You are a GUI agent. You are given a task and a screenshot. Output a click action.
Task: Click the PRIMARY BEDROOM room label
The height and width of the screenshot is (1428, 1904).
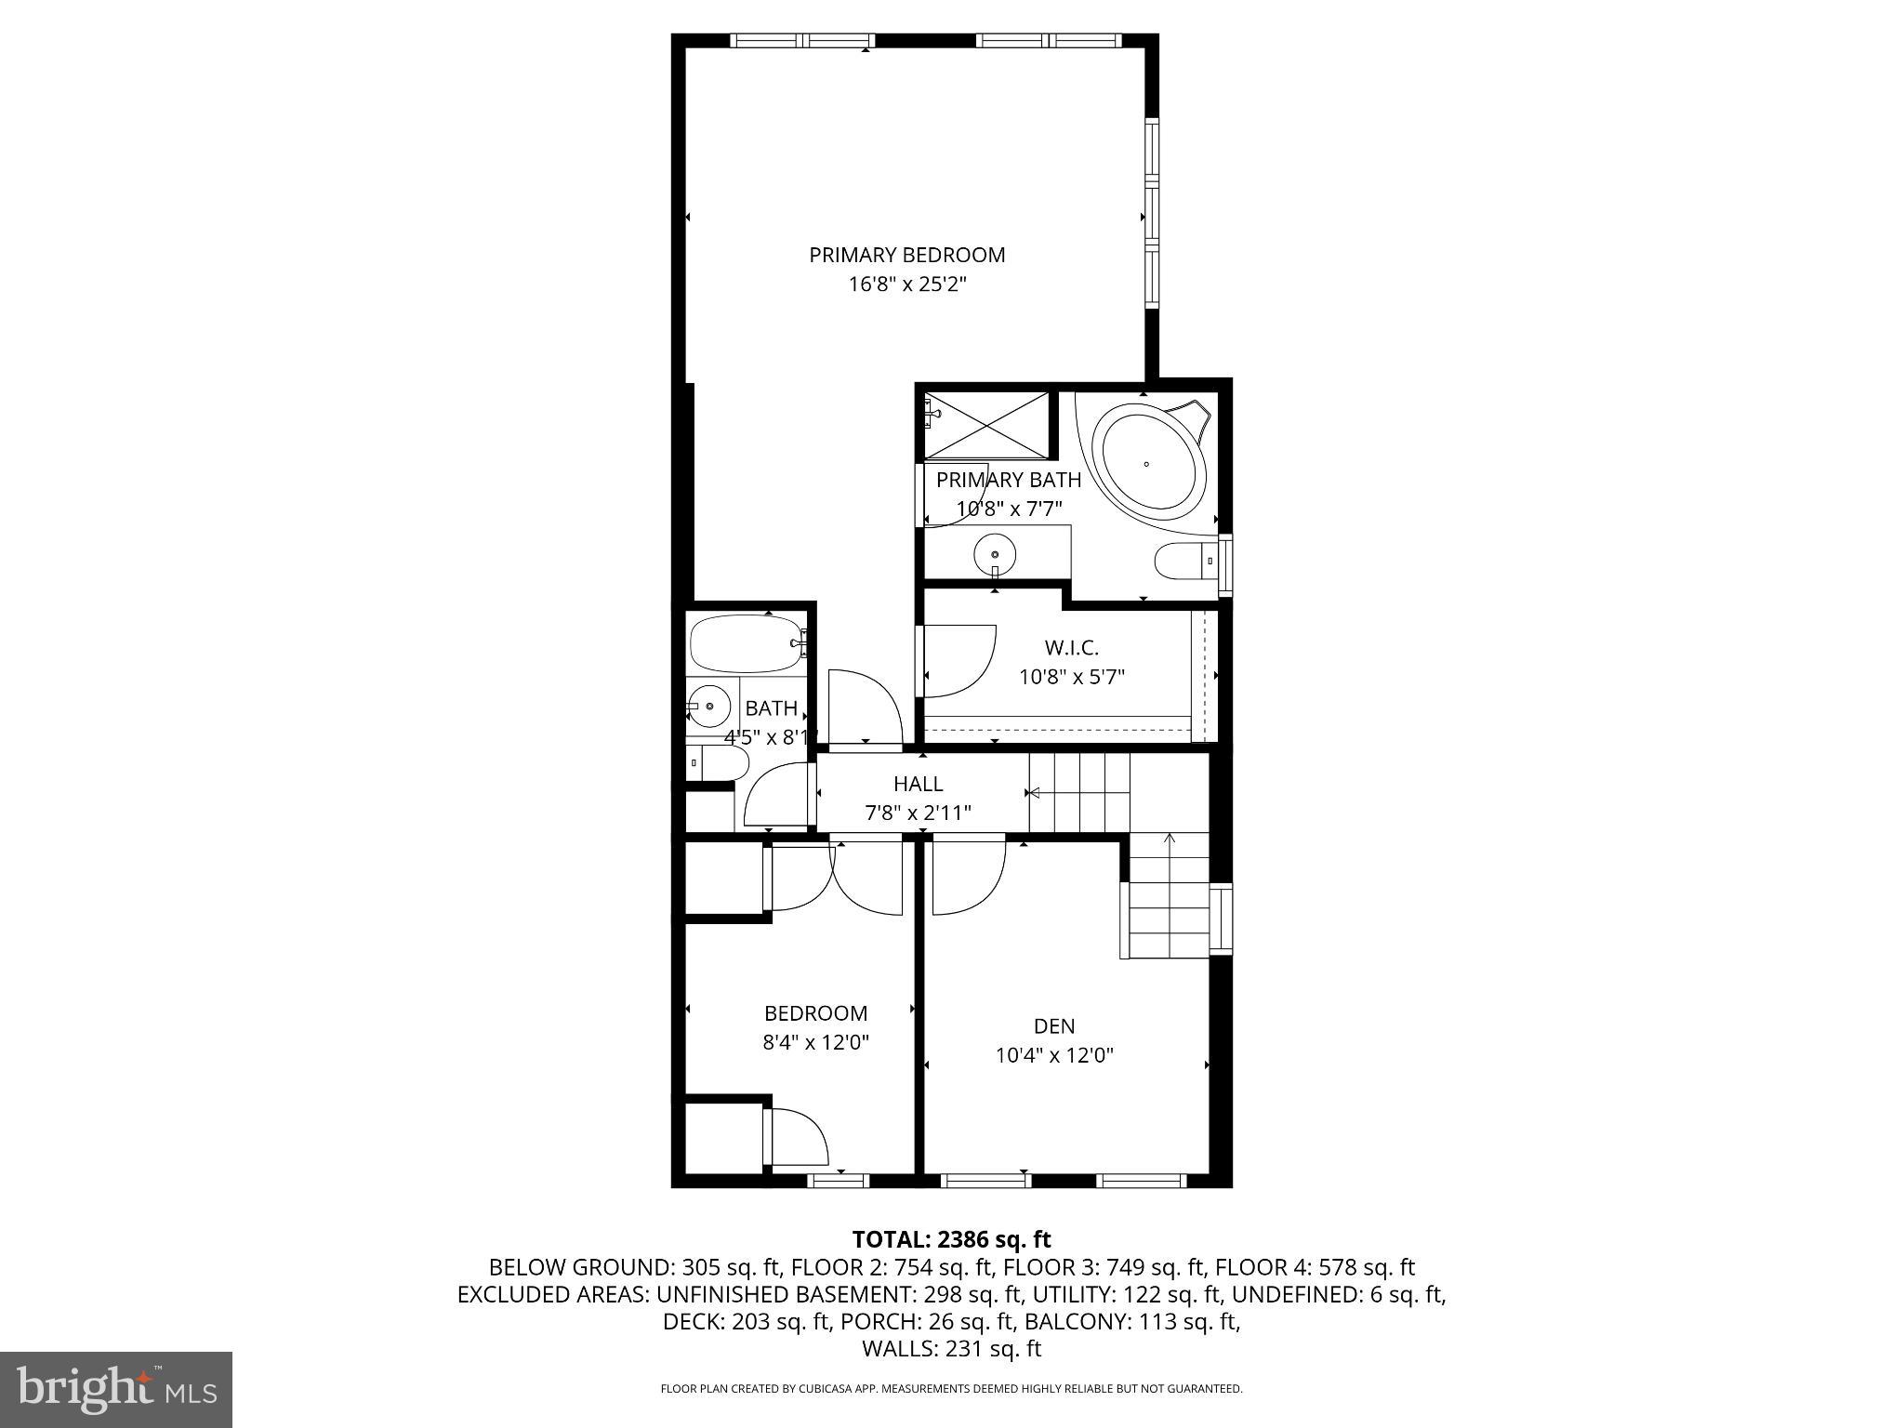[906, 255]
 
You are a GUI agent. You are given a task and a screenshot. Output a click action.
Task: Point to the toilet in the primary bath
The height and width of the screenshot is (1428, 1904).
[1183, 561]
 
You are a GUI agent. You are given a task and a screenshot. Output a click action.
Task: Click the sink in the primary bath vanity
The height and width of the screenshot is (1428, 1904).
[994, 555]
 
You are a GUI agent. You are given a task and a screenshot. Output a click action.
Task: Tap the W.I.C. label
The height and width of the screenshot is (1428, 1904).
[1071, 648]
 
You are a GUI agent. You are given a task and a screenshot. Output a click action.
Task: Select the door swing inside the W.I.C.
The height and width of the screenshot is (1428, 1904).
[958, 662]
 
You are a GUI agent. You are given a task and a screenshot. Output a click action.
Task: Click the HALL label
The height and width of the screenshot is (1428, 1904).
[918, 784]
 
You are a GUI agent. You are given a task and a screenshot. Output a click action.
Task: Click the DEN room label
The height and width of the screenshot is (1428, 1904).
[1053, 1026]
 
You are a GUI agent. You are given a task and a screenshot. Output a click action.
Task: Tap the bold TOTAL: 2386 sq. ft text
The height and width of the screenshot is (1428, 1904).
[951, 1239]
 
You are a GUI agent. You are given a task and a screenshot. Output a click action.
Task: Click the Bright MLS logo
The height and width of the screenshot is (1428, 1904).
[116, 1389]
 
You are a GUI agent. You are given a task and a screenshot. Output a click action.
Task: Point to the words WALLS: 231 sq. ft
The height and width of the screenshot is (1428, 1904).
[951, 1349]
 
